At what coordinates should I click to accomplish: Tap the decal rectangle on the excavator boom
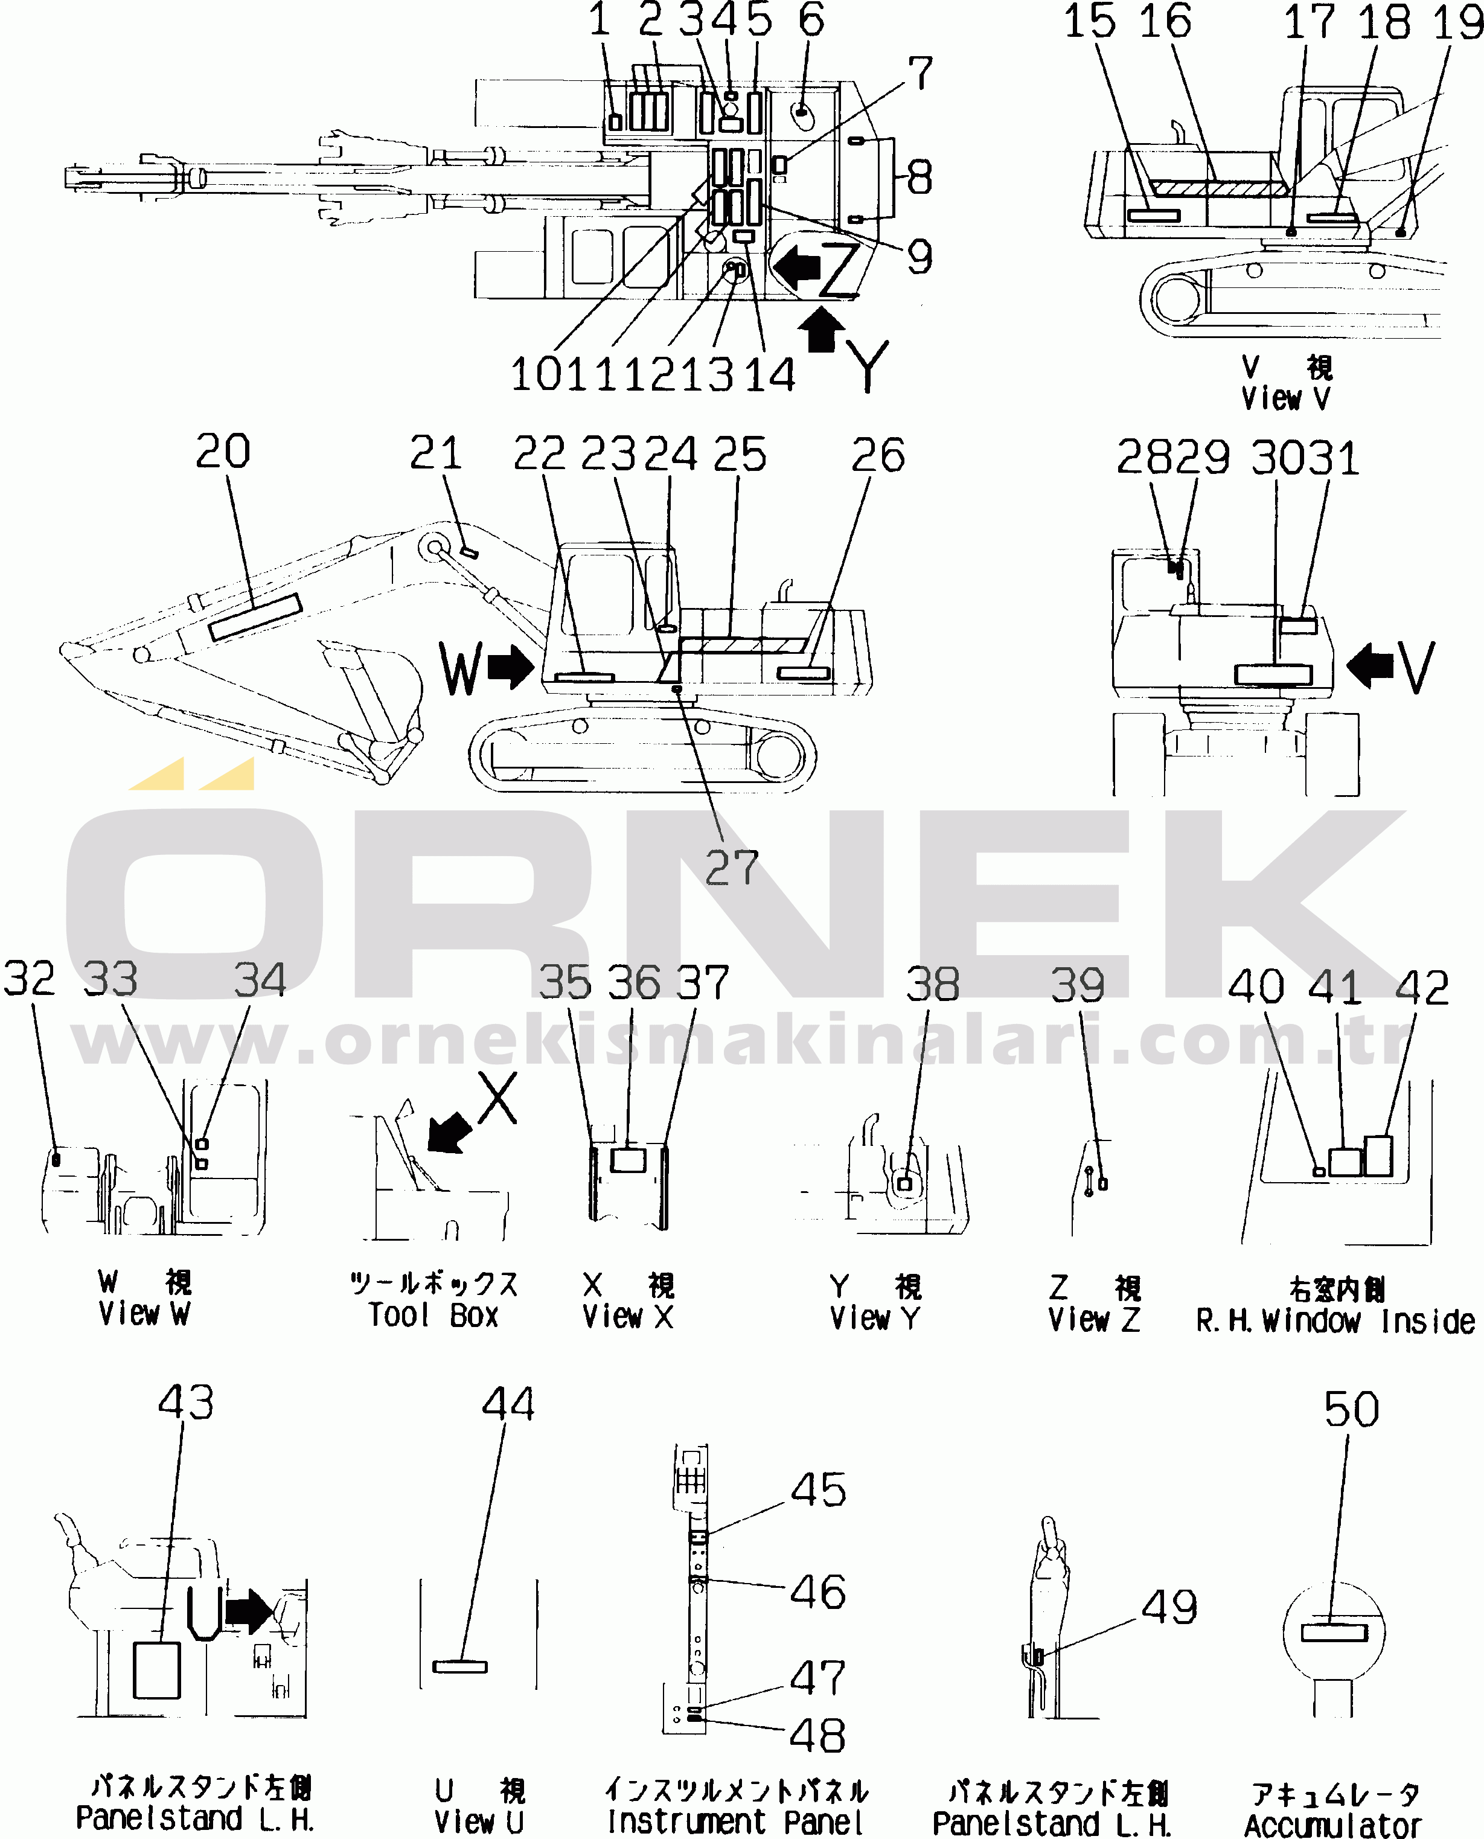point(255,616)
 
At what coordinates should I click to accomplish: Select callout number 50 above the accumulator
point(1352,1409)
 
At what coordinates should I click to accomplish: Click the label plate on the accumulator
point(1334,1632)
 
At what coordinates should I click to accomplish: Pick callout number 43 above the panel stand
point(185,1402)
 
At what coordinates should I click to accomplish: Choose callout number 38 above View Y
point(933,984)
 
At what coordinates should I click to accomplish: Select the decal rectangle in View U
point(460,1666)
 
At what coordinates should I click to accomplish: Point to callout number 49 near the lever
point(1169,1607)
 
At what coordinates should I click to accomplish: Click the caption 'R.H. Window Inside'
point(1335,1322)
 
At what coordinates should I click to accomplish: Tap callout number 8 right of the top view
point(919,178)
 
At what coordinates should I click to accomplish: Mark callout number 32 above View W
point(29,978)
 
